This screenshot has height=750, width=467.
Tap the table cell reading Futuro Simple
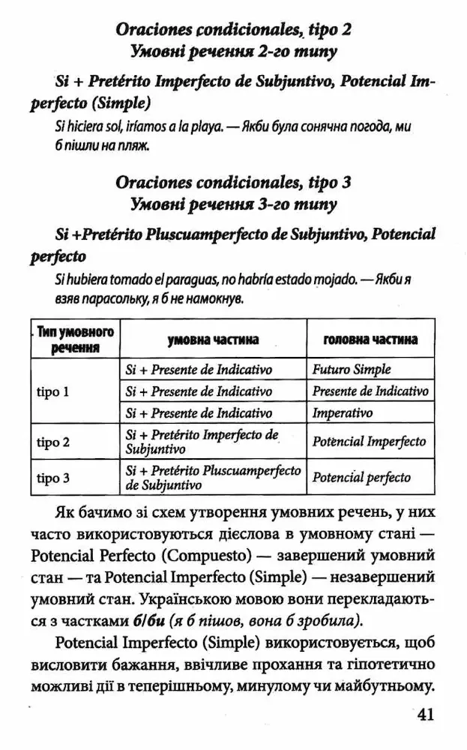[351, 370]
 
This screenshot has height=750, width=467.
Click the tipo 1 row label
[53, 391]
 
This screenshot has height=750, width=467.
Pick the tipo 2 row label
[53, 442]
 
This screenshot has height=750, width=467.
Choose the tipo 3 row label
[53, 478]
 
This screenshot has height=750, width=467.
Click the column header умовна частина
[213, 340]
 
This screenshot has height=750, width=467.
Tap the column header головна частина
[370, 340]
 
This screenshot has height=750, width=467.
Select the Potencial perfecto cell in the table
[361, 478]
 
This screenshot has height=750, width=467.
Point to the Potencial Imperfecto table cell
[369, 442]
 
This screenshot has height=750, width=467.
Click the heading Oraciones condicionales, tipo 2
[233, 31]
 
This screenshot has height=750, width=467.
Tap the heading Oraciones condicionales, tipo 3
[233, 182]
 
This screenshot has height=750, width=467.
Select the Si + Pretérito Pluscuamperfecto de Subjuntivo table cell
[213, 478]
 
